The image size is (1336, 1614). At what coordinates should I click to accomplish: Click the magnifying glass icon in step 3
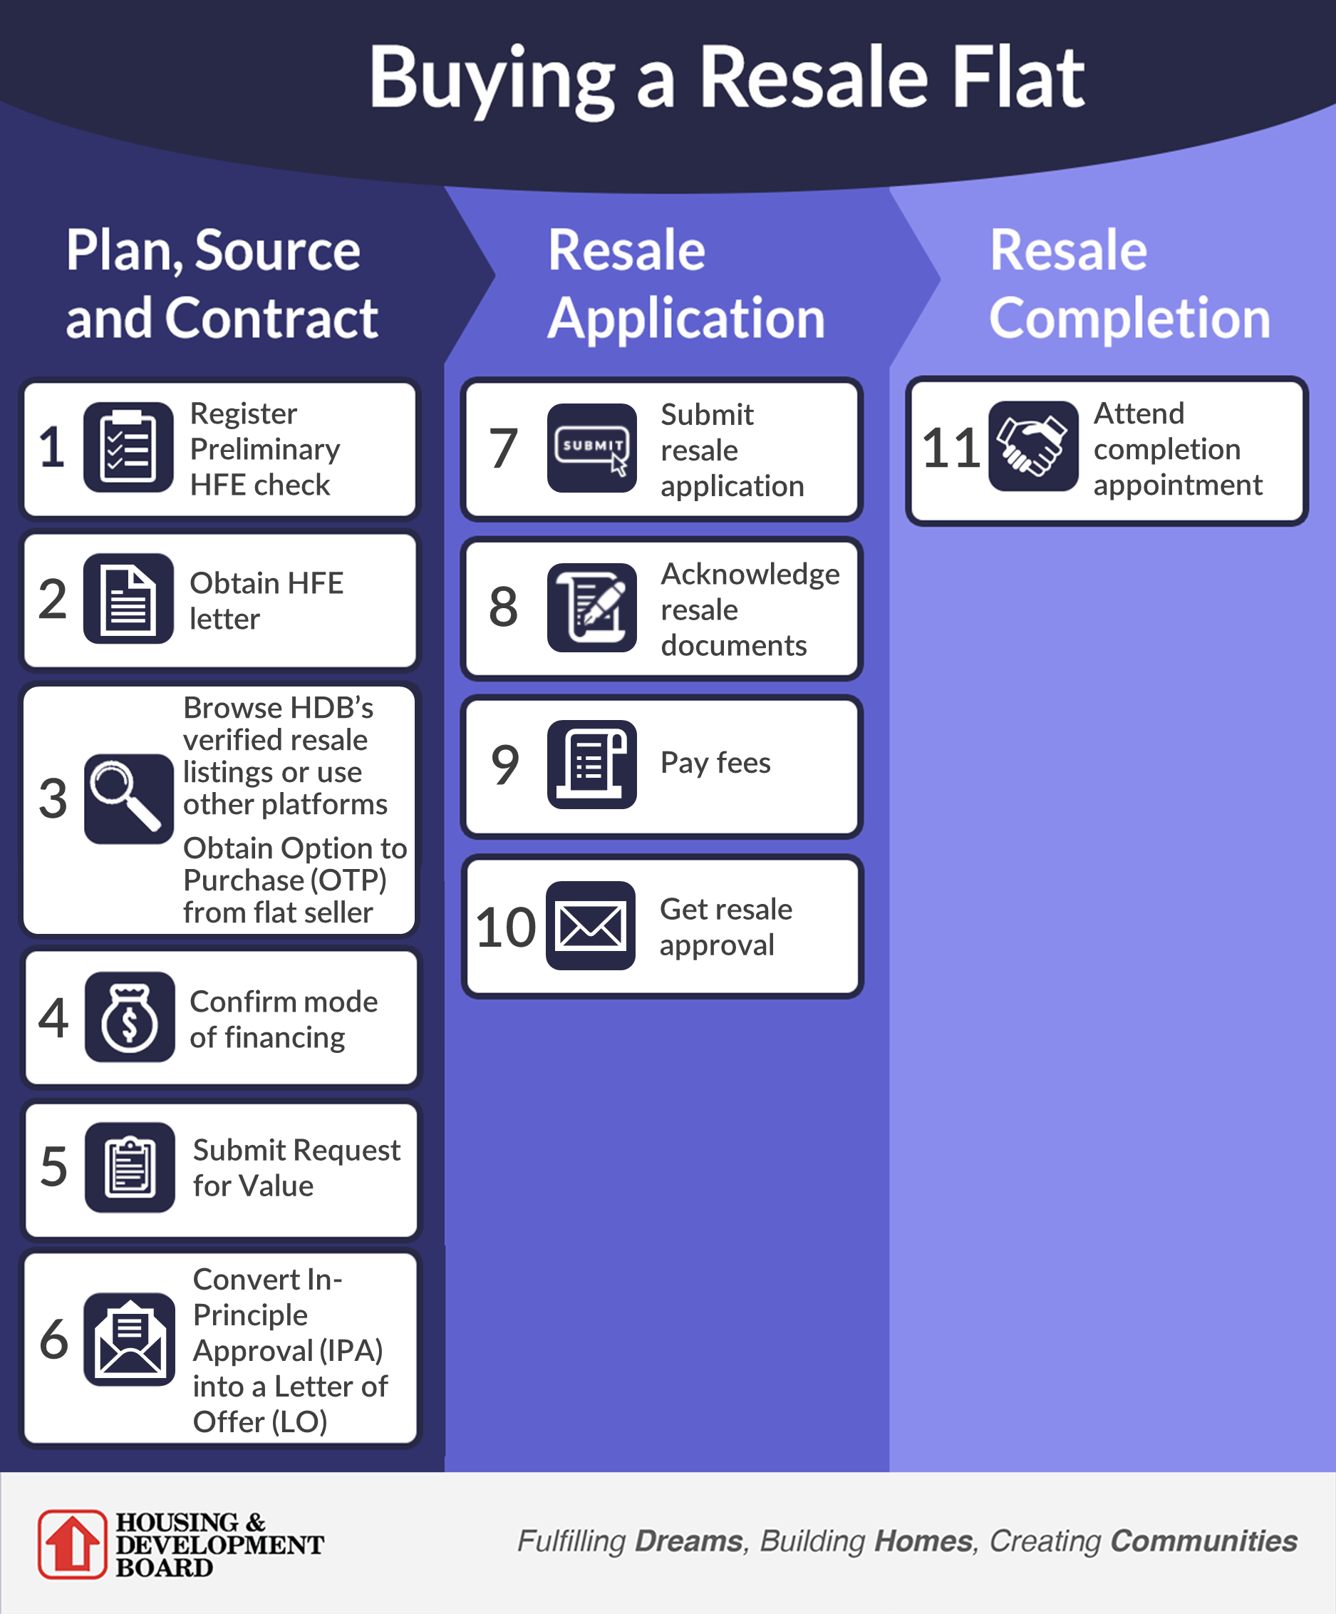click(x=128, y=798)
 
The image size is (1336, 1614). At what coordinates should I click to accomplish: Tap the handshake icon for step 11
click(x=1032, y=446)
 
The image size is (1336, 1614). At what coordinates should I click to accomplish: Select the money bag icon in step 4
click(x=130, y=1016)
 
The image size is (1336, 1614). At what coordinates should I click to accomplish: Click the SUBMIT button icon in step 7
click(x=591, y=447)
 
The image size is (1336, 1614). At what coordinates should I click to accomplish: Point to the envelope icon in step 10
click(x=590, y=925)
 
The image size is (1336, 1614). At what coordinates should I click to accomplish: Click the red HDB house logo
click(x=72, y=1543)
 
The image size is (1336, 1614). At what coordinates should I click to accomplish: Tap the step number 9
click(x=504, y=765)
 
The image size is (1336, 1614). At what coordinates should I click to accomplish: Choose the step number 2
click(x=52, y=600)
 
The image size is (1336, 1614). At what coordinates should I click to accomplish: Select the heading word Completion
click(x=1129, y=318)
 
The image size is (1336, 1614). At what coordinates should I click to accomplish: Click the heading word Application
click(x=686, y=318)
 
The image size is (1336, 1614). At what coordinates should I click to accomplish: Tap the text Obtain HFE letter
click(x=266, y=600)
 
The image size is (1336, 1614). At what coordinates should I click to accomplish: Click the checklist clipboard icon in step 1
click(x=128, y=447)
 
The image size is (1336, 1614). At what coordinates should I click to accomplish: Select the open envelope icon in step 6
click(x=129, y=1339)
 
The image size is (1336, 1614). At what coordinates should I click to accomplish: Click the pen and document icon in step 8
click(x=591, y=607)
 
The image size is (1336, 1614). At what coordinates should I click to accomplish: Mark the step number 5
click(x=53, y=1167)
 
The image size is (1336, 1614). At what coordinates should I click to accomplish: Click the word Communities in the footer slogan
click(x=1203, y=1541)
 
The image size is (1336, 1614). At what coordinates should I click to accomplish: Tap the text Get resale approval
click(x=725, y=926)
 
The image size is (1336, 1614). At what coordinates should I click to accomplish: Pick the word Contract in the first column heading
click(x=271, y=318)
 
